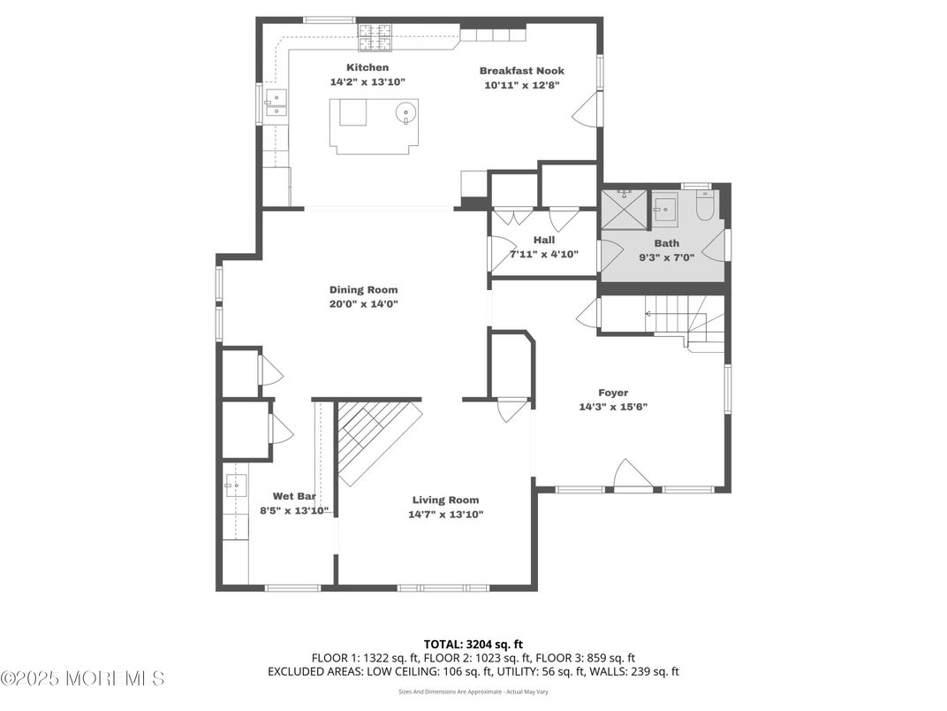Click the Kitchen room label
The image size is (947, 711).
coord(367,67)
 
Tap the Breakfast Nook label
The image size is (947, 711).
coord(522,71)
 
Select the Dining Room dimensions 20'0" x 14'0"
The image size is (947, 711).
coord(364,304)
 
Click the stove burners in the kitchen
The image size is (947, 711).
coord(375,37)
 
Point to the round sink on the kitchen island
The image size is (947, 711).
coord(405,111)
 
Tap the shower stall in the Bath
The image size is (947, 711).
coord(625,210)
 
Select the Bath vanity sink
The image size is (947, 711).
coord(664,208)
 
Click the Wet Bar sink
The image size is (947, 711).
coord(236,485)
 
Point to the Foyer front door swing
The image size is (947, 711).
coord(633,473)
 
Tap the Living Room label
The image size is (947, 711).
coord(446,500)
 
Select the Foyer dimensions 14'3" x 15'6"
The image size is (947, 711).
coord(613,407)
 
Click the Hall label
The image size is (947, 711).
coord(544,240)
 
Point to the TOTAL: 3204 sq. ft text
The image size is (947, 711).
coord(473,645)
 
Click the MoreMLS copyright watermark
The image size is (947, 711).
coord(83,678)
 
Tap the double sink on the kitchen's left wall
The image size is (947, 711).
coord(276,103)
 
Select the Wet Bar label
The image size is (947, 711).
coord(294,496)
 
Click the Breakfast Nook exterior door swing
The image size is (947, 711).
coord(585,110)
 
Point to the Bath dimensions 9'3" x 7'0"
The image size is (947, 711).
coord(667,257)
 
